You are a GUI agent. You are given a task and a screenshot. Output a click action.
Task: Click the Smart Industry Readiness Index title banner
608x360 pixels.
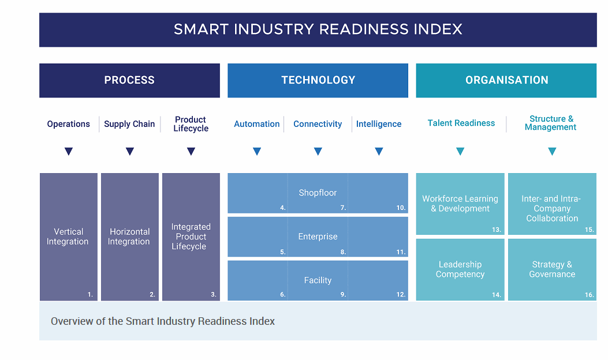[318, 29]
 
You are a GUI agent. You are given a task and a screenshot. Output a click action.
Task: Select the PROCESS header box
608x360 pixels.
[129, 80]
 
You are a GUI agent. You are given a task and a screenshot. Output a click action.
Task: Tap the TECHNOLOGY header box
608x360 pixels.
[318, 80]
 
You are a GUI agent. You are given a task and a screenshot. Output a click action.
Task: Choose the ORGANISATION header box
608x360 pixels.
[506, 80]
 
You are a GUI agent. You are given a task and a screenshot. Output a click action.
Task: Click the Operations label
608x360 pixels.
[69, 124]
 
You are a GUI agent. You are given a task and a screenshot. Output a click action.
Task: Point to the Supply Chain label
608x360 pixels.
[129, 124]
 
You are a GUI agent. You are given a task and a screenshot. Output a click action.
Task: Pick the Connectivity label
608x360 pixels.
[318, 124]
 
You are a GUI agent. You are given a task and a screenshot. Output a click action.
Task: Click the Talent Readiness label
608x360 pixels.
[461, 123]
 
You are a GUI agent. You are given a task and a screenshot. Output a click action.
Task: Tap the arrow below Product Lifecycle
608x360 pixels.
[191, 152]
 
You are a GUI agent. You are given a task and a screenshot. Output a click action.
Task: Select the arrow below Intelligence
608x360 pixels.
[379, 152]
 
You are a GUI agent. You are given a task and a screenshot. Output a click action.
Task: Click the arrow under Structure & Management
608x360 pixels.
[552, 152]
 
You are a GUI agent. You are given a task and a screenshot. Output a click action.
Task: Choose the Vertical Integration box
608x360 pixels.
[68, 237]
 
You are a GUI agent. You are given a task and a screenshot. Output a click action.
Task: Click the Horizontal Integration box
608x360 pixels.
[129, 237]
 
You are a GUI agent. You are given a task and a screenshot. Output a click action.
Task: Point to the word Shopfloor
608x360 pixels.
[318, 193]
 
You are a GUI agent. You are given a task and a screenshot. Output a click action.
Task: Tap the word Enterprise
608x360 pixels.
[318, 237]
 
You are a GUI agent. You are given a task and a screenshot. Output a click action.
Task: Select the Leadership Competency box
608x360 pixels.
[460, 269]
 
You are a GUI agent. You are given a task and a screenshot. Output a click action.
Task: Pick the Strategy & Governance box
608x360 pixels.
[552, 269]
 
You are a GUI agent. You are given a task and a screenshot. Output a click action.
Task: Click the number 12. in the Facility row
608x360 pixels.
[401, 294]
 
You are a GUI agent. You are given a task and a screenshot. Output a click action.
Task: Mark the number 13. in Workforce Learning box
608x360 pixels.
[496, 230]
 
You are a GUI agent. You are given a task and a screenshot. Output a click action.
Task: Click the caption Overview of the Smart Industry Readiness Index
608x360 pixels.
[163, 321]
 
